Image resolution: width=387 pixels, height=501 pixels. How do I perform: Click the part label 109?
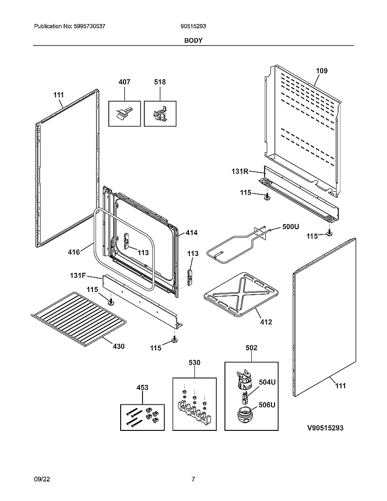[321, 71]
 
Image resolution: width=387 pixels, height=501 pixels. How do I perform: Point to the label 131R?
[239, 172]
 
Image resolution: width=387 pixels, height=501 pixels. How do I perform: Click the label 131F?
[78, 276]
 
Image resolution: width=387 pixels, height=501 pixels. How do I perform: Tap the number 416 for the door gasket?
[74, 252]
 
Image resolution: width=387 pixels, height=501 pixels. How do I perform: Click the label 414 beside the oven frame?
[191, 233]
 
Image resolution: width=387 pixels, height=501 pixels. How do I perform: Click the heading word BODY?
[193, 40]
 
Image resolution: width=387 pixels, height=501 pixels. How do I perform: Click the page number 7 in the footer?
[193, 479]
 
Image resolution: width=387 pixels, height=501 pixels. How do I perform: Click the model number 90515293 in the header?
[193, 27]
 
